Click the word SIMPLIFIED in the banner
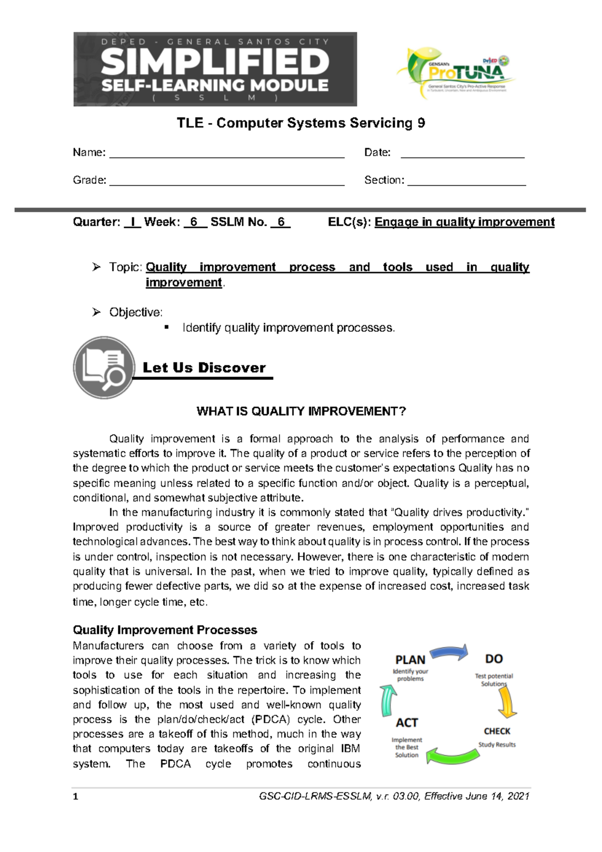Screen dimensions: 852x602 click(x=215, y=63)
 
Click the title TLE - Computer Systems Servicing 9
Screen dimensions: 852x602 click(x=300, y=123)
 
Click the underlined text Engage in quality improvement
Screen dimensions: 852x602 click(x=464, y=222)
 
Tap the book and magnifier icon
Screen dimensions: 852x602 click(x=104, y=368)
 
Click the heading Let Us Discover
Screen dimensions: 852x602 click(x=204, y=368)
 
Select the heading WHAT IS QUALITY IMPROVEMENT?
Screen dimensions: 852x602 click(x=301, y=411)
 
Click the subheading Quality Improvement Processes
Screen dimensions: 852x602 click(x=165, y=630)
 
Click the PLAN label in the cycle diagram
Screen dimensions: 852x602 click(x=410, y=660)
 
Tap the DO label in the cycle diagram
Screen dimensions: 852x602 click(x=494, y=659)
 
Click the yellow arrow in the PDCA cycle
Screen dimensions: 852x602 click(x=507, y=701)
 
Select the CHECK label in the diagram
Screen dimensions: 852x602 click(x=497, y=731)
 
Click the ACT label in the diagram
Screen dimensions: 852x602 click(x=406, y=723)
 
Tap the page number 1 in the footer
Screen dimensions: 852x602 click(x=75, y=796)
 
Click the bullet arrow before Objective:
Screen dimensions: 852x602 click(x=96, y=312)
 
